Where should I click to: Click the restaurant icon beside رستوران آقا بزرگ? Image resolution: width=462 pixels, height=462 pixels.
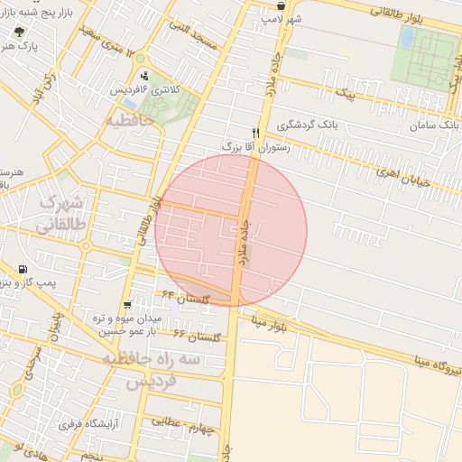pos(255,132)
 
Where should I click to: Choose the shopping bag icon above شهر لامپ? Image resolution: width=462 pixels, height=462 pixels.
pos(282,5)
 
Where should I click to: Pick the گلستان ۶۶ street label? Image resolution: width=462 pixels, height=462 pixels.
pos(197,336)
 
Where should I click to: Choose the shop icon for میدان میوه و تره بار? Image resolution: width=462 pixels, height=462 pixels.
pos(126,305)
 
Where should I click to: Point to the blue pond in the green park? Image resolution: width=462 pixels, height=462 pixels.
pos(408,37)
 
